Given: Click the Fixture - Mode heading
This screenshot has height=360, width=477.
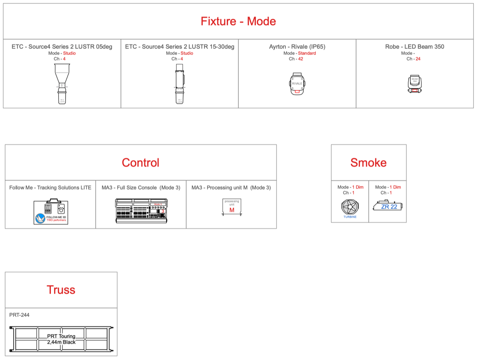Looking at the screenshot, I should pos(238,21).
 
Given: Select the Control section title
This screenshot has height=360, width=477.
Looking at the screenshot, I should pos(140,163).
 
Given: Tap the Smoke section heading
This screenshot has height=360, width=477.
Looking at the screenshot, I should pos(368,163).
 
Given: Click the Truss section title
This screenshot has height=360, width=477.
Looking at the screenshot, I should pos(61,290).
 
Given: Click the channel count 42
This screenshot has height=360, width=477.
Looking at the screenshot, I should pos(301,59).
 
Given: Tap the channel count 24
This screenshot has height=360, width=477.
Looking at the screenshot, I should pos(418,59).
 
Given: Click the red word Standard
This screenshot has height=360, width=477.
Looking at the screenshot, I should pos(307,53).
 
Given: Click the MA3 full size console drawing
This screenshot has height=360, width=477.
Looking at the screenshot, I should pos(141,210).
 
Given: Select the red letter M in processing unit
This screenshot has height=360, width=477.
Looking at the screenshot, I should pos(232,210).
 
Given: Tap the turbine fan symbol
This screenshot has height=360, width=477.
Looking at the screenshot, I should pos(350,207).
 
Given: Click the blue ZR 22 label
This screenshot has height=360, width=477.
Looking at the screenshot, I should pos(389,207).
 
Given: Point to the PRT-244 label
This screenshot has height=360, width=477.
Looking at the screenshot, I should pos(19,315).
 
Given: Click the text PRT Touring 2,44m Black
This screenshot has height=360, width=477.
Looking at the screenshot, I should pos(61,339).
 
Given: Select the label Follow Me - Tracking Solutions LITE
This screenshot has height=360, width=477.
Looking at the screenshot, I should pos(50,188).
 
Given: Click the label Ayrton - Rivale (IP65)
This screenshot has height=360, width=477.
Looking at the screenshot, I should pos(297,46).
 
